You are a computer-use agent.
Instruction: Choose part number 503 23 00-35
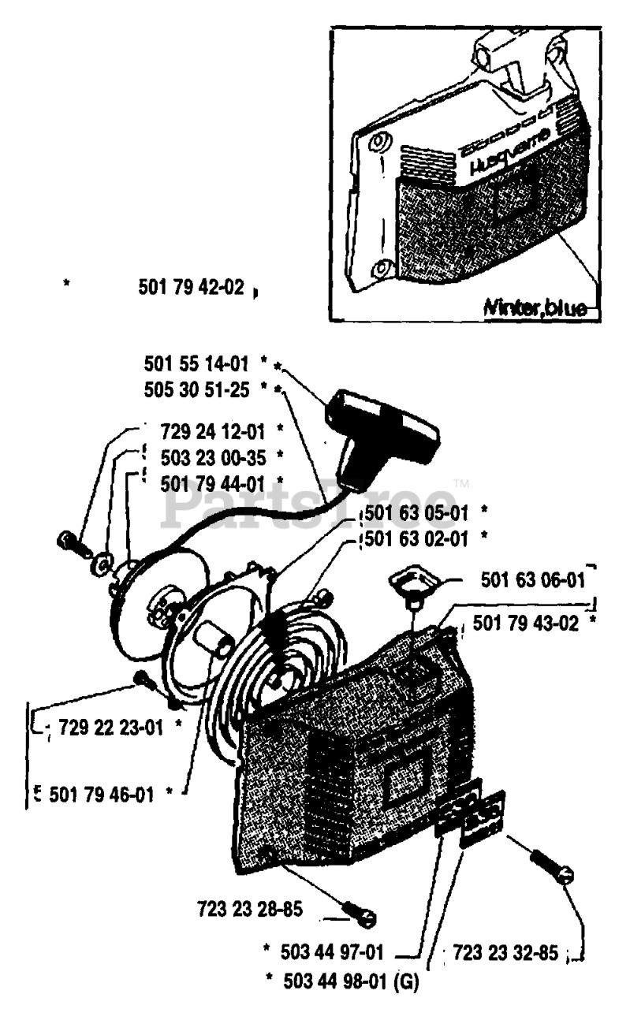[211, 457]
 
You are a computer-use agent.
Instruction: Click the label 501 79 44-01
[211, 482]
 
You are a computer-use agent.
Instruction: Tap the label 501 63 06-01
[533, 581]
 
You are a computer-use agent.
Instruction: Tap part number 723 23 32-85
[505, 952]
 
